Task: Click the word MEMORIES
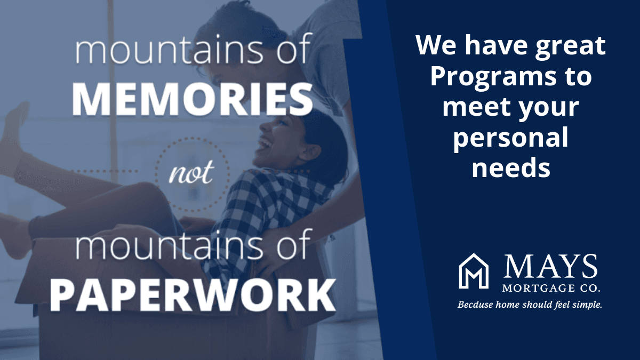tap(193, 99)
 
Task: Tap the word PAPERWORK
tap(193, 295)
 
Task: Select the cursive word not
tap(191, 172)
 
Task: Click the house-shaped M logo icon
tap(474, 271)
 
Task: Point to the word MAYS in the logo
tap(550, 267)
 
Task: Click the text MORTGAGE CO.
tap(551, 288)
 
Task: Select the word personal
tap(510, 138)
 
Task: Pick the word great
tap(570, 46)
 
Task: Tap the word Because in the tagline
tap(475, 305)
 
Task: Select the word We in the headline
tap(436, 45)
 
